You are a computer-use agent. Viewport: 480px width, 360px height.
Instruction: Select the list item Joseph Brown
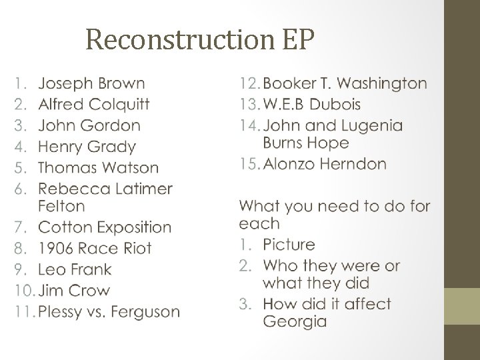[91, 83]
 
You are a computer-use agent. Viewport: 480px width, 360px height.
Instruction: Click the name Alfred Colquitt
[94, 105]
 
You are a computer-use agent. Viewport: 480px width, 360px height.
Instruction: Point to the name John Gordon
[89, 125]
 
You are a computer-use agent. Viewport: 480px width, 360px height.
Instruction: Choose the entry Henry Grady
[87, 147]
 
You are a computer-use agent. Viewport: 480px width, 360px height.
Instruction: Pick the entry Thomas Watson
[99, 167]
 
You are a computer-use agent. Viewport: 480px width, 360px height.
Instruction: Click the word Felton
[62, 206]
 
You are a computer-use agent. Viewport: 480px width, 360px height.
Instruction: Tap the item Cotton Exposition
[105, 227]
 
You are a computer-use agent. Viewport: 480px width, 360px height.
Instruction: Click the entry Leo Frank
[75, 269]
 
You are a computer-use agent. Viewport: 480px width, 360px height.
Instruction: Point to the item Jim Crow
[74, 291]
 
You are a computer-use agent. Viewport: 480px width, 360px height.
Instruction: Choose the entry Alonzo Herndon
[325, 164]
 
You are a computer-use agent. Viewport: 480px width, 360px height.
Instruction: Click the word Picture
[289, 245]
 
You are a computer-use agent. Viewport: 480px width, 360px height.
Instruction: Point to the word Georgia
[295, 321]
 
